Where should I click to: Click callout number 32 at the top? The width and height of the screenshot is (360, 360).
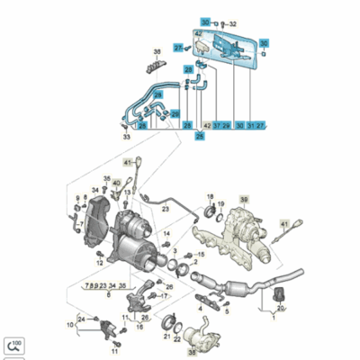point(233,22)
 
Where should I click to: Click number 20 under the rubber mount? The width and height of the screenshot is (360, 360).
point(280,308)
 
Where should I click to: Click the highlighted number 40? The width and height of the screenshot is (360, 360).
point(117,183)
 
